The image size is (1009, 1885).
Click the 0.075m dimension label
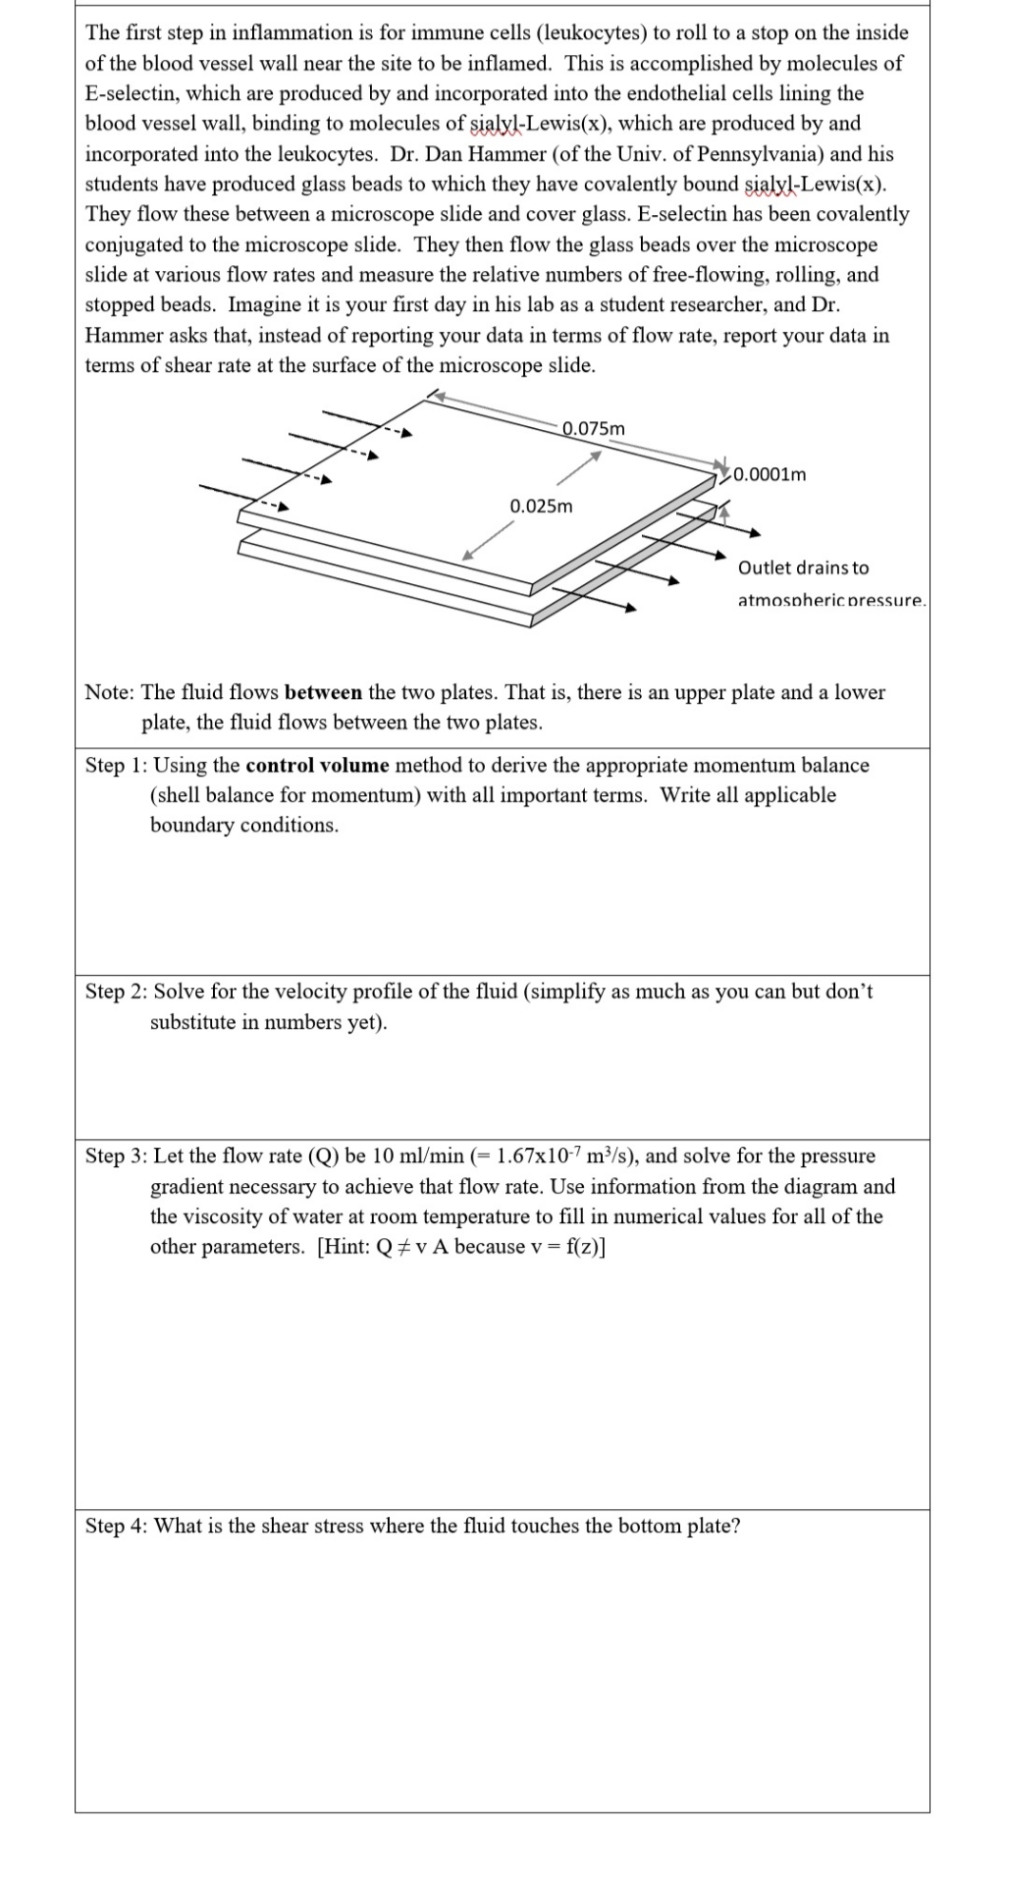(x=594, y=428)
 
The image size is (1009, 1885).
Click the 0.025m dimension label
(x=541, y=506)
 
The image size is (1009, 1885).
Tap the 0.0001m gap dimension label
(x=770, y=474)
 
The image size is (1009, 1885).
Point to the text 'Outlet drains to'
(x=803, y=567)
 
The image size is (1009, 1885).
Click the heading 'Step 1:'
(x=117, y=765)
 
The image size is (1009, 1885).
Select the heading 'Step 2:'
(x=117, y=992)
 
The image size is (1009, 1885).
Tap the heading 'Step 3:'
(x=117, y=1156)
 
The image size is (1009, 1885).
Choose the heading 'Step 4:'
(x=117, y=1526)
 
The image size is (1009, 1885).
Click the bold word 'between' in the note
(x=323, y=692)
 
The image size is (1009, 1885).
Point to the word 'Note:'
(x=110, y=692)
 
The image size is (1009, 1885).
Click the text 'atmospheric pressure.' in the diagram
(x=830, y=600)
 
